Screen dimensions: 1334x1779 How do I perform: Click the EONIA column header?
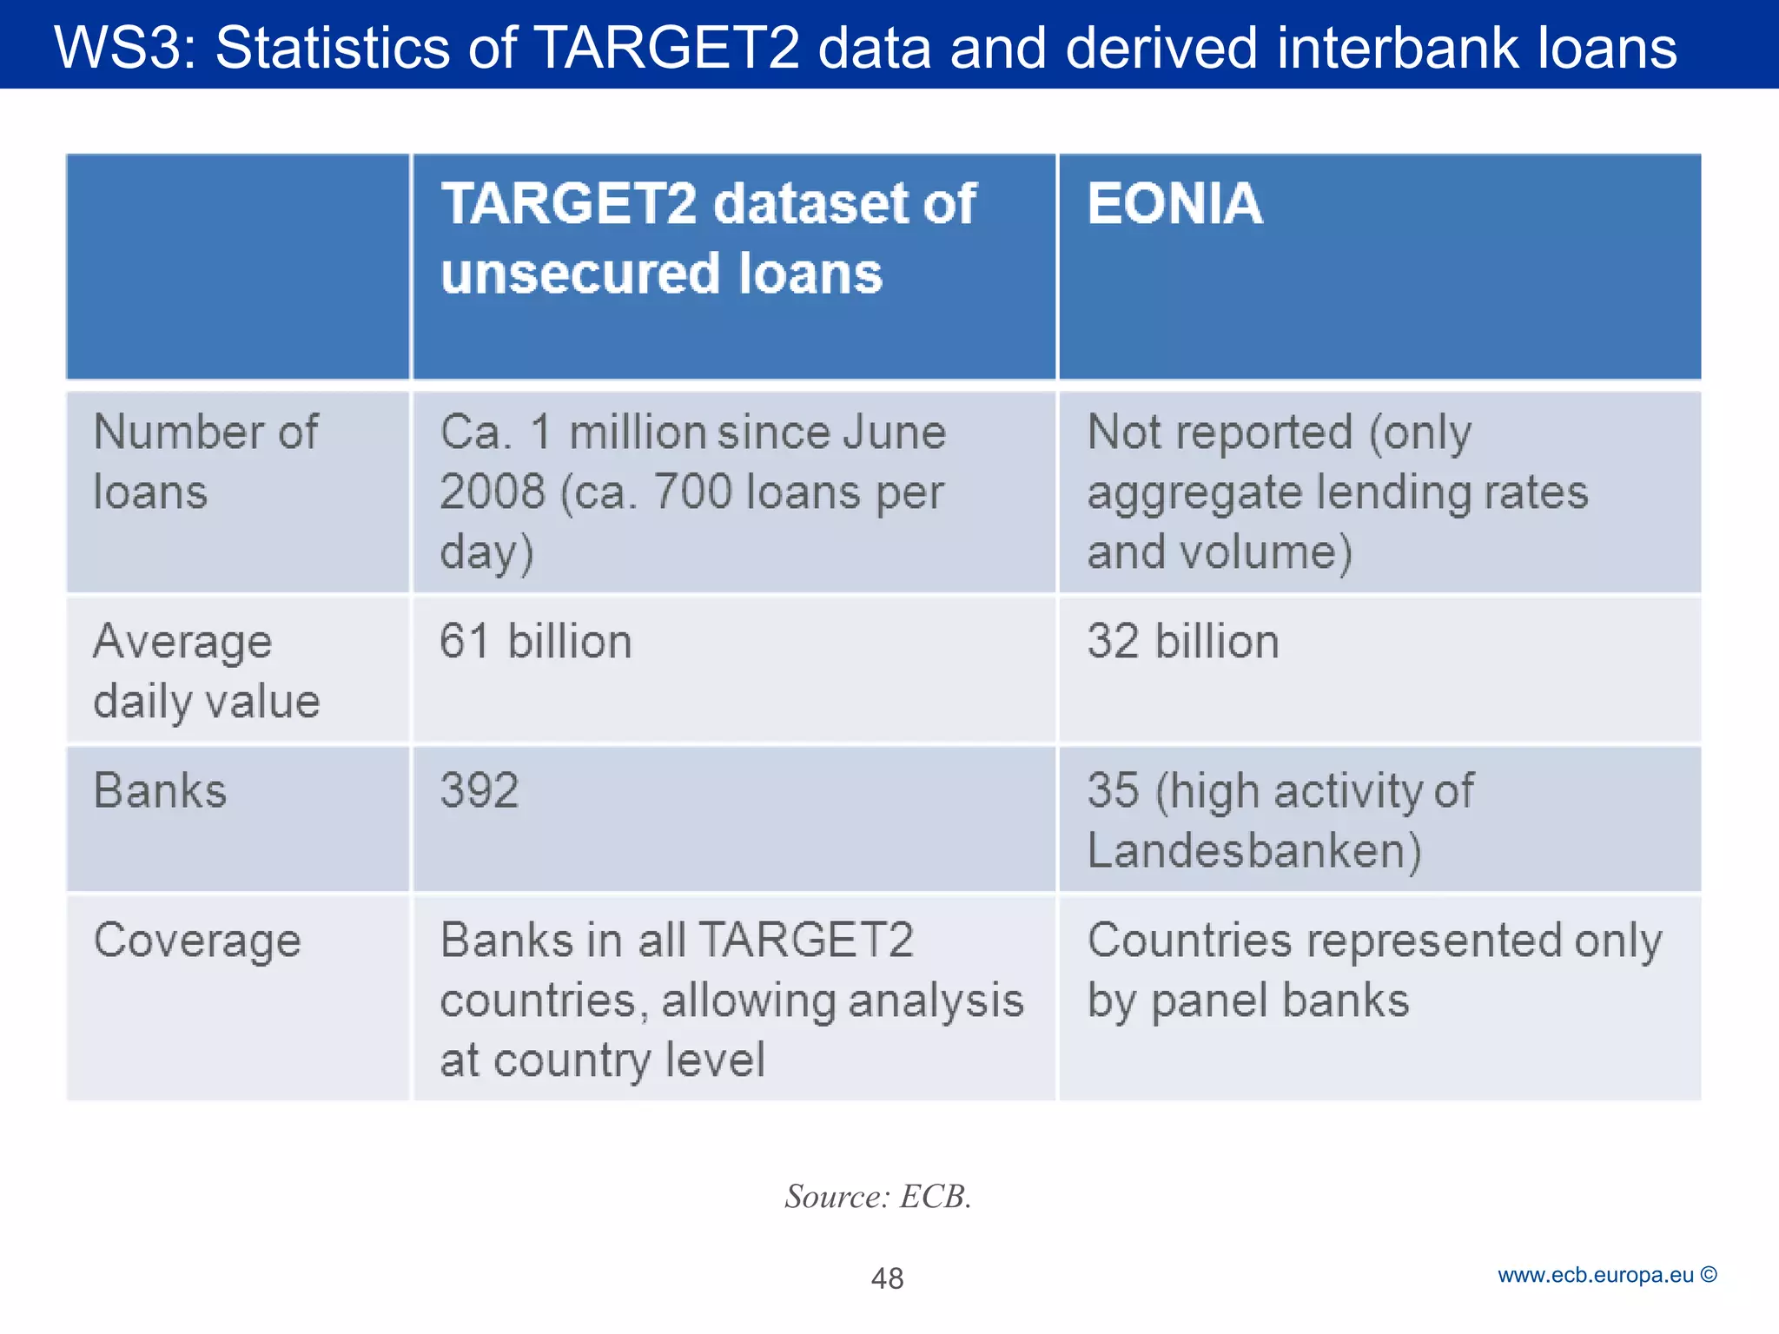click(x=1174, y=204)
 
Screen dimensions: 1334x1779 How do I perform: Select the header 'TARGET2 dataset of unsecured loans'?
click(x=708, y=239)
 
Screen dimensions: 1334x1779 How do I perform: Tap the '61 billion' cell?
click(x=535, y=642)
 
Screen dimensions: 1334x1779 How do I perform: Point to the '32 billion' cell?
click(x=1182, y=642)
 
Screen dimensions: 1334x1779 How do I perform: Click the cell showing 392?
click(x=479, y=790)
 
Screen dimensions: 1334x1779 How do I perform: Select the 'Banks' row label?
click(x=160, y=791)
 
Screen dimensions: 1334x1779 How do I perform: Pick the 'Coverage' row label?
click(x=197, y=941)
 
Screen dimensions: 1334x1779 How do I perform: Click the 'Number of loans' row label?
click(x=205, y=461)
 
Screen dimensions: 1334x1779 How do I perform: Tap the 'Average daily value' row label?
click(x=206, y=671)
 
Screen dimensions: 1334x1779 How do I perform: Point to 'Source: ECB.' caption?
click(x=877, y=1197)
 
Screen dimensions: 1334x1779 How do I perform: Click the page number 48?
click(x=887, y=1278)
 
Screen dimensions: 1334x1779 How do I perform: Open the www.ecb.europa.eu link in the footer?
click(x=1595, y=1275)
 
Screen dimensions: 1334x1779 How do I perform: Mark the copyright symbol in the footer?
click(x=1709, y=1275)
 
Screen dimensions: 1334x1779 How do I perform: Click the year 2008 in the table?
click(x=493, y=492)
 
